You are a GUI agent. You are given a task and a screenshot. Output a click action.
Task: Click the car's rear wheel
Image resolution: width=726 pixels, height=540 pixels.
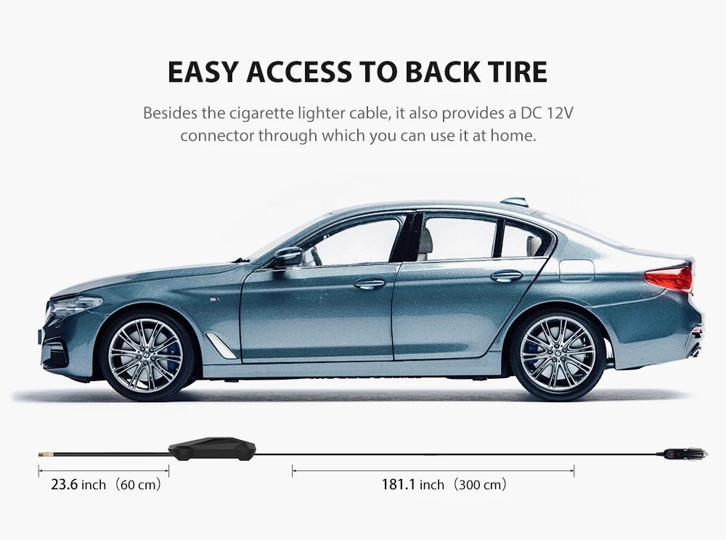558,353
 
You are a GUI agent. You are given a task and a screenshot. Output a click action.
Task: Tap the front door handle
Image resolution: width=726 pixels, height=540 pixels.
370,283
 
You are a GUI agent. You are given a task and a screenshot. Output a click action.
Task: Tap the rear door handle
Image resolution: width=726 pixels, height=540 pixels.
506,276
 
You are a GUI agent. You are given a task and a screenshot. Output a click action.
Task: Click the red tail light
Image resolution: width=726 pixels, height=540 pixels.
669,278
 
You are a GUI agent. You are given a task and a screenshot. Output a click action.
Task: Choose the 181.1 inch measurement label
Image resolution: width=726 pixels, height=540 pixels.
444,484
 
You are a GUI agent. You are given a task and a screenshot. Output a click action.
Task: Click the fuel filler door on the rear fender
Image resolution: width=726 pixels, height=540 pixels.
576,270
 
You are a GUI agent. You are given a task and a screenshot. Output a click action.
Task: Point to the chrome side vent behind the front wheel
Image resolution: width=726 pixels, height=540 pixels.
220,345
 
